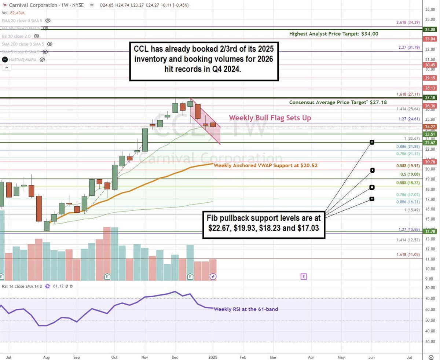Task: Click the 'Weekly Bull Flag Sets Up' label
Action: tap(270, 118)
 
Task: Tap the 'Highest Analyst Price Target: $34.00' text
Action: tap(334, 34)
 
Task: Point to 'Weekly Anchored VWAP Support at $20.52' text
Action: tap(265, 165)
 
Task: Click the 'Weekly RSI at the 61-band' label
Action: tap(246, 309)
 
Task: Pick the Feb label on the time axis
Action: tap(243, 356)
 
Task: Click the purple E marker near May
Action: tap(303, 276)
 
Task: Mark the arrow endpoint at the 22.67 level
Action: tap(372, 142)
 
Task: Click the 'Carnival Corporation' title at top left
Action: tap(34, 5)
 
